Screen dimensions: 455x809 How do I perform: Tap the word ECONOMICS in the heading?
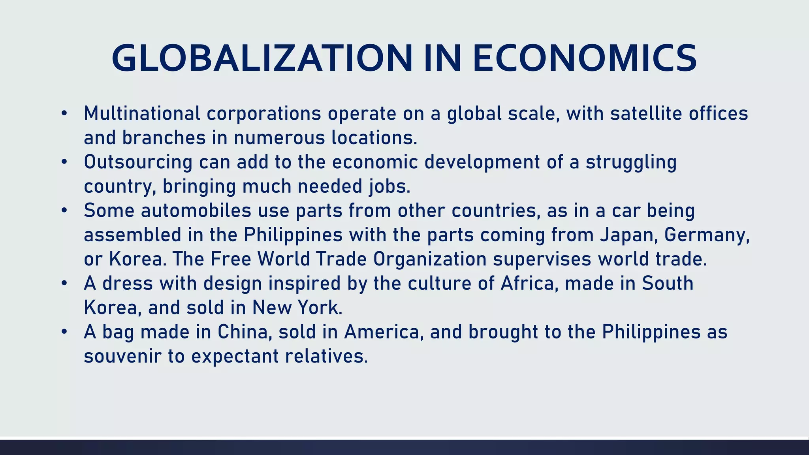pyautogui.click(x=585, y=59)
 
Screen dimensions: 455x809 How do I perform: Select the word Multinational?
pyautogui.click(x=142, y=113)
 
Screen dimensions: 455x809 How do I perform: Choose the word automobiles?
pyautogui.click(x=196, y=211)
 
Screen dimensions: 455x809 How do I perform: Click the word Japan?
pyautogui.click(x=629, y=235)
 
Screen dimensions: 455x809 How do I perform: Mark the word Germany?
pyautogui.click(x=707, y=235)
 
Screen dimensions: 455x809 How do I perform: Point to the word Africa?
pyautogui.click(x=529, y=284)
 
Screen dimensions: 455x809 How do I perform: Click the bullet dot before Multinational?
pyautogui.click(x=64, y=114)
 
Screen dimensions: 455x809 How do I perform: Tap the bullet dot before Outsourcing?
pyautogui.click(x=64, y=162)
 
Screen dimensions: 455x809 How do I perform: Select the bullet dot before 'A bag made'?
pyautogui.click(x=64, y=332)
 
